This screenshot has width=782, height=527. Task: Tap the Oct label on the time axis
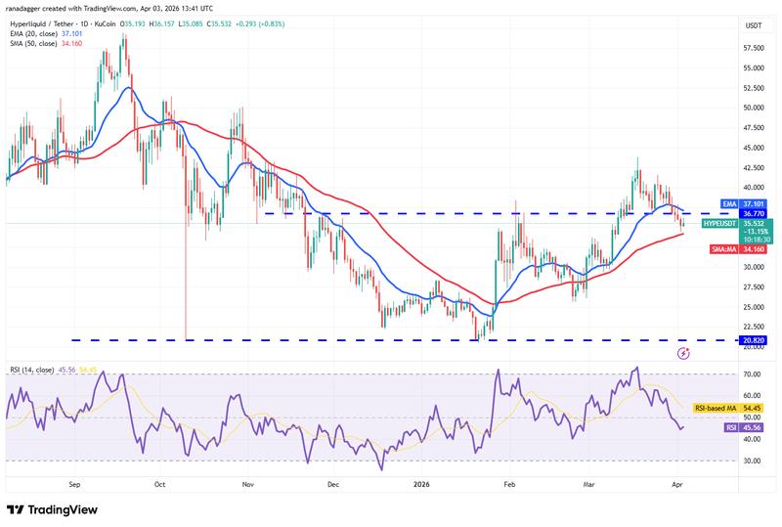pyautogui.click(x=160, y=483)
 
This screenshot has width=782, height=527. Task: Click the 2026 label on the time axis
pyautogui.click(x=421, y=483)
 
